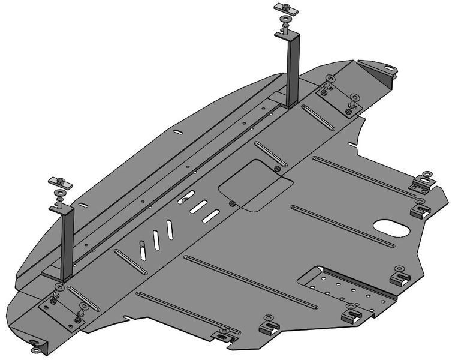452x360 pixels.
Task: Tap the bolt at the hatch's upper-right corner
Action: click(x=277, y=169)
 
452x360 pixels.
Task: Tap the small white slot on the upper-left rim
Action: click(x=177, y=132)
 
